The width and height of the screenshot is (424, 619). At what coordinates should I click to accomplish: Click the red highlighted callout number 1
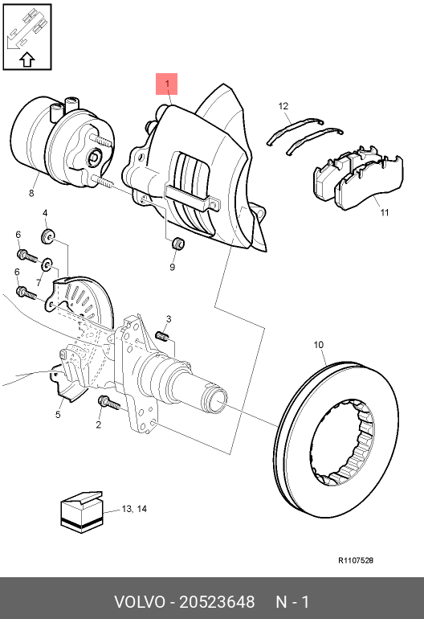[167, 84]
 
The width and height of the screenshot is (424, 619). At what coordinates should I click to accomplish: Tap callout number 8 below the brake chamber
[31, 193]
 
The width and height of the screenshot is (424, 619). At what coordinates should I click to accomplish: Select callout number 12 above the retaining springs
[283, 106]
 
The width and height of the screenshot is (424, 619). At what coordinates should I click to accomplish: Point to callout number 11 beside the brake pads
[385, 212]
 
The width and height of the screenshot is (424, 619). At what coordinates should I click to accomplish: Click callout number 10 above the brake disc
[319, 345]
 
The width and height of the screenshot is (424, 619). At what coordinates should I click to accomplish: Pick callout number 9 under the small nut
[173, 267]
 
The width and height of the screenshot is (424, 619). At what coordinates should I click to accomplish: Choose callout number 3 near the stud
[169, 319]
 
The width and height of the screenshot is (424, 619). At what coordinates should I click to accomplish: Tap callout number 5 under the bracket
[58, 415]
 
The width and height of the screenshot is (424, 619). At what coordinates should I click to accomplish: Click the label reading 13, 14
[134, 509]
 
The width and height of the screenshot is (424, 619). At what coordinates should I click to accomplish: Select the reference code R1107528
[356, 560]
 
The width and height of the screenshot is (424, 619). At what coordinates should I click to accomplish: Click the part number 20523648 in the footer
[217, 602]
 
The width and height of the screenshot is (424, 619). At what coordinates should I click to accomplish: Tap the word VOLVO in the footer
[140, 602]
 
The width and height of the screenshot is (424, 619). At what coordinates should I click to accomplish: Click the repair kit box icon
[82, 512]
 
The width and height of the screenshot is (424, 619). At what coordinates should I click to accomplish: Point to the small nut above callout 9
[178, 243]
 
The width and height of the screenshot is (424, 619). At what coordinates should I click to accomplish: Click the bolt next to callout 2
[109, 403]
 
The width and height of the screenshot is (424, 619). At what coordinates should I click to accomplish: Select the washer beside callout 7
[47, 264]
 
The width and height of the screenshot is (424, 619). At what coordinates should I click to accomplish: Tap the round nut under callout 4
[47, 236]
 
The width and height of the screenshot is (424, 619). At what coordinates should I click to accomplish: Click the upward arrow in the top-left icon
[27, 59]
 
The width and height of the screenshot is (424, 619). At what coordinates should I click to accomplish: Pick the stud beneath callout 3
[162, 336]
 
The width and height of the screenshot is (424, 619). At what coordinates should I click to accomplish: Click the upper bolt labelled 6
[26, 256]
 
